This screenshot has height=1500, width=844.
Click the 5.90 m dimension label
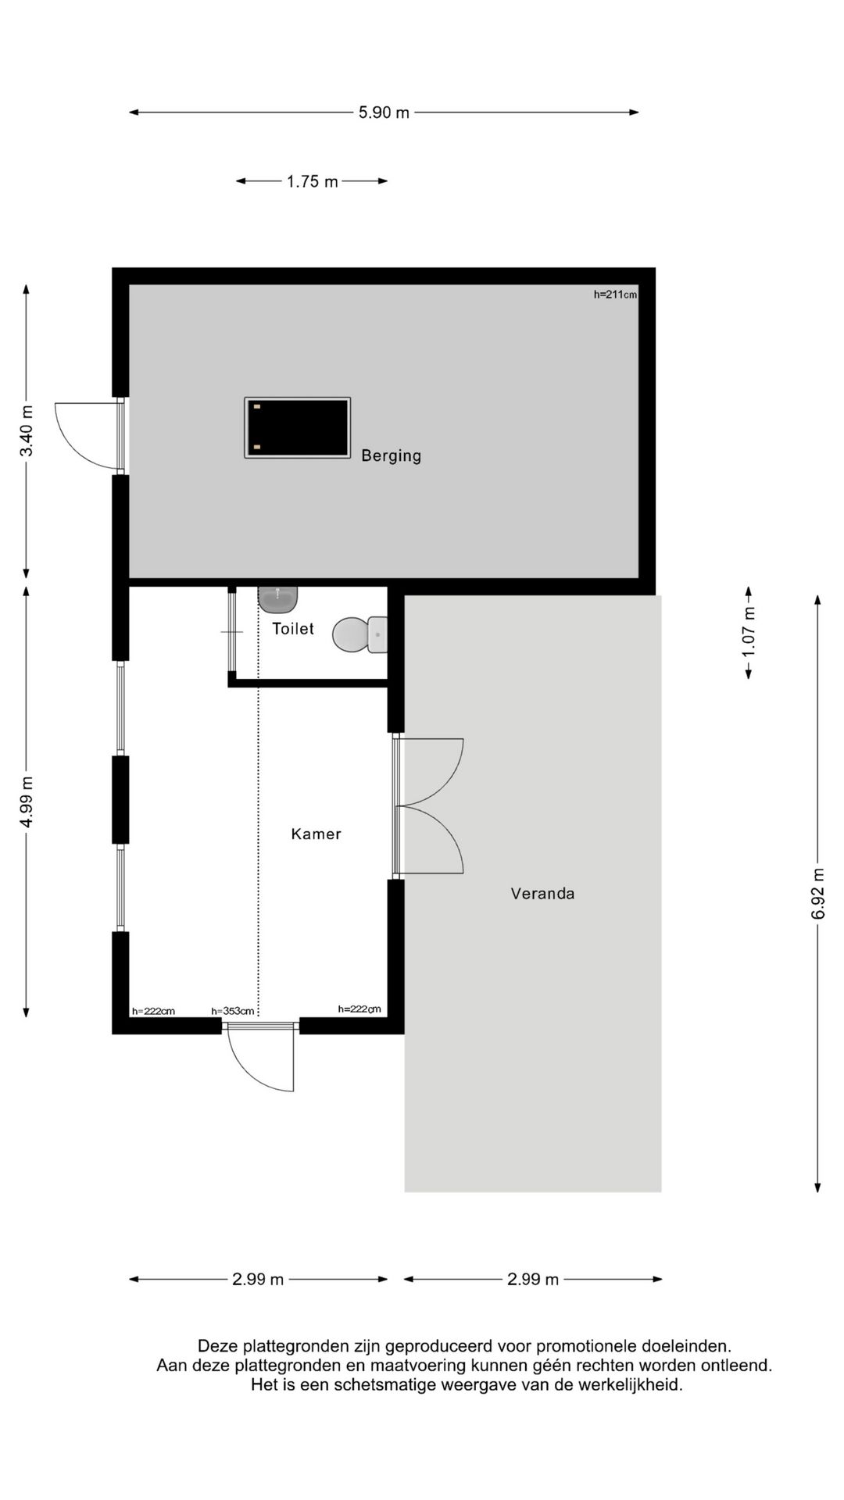(384, 112)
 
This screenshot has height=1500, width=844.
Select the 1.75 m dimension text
(312, 181)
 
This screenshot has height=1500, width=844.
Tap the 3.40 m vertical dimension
(27, 430)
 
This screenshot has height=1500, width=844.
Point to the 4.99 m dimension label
(27, 802)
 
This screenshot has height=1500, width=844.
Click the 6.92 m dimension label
(817, 894)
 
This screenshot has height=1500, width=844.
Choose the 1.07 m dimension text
(749, 632)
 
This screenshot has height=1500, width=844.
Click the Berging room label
(391, 455)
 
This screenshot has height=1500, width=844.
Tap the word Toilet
(293, 628)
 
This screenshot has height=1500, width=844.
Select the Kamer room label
(316, 834)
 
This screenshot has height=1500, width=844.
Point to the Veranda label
(542, 893)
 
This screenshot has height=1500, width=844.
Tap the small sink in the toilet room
(277, 599)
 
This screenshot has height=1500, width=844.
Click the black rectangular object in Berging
(297, 427)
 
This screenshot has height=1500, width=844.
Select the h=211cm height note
(615, 295)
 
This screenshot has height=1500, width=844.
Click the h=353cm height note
(233, 1011)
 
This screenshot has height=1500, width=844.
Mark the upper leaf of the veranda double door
(432, 770)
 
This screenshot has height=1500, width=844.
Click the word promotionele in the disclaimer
(586, 1346)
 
